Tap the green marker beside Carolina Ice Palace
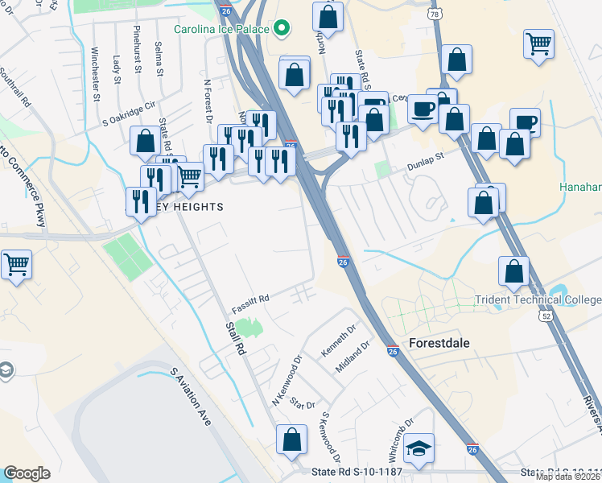[x=281, y=30]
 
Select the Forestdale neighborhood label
[x=439, y=342]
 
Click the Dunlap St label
[x=429, y=157]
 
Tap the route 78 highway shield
[x=435, y=14]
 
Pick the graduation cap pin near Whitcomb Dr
[x=419, y=448]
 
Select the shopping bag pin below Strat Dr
[x=291, y=439]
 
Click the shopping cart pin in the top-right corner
[x=538, y=43]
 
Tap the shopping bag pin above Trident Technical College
[x=513, y=271]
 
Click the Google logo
[x=27, y=473]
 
